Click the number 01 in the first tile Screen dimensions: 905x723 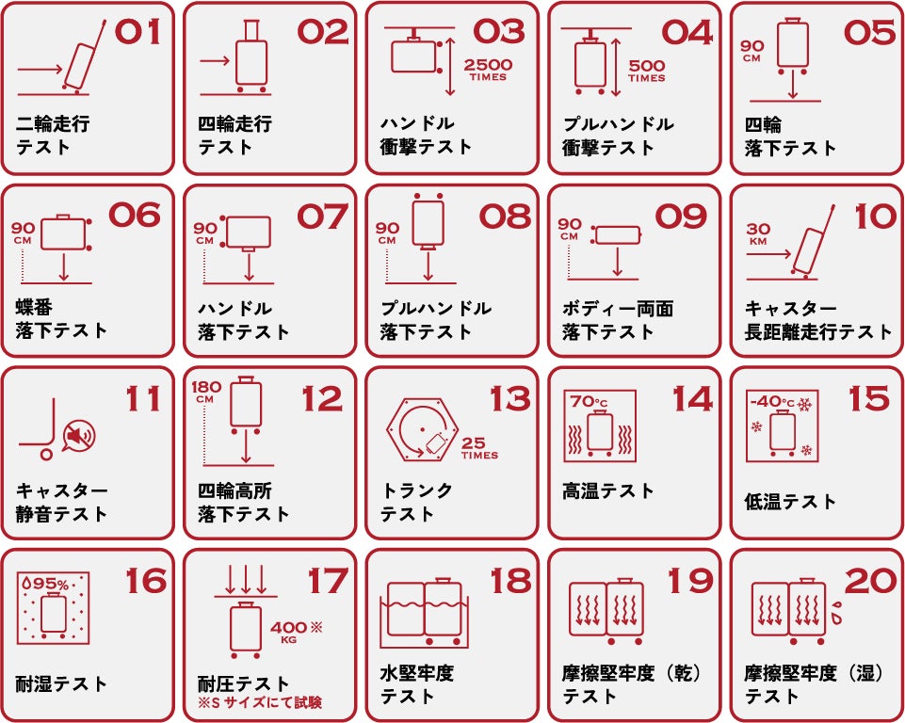tap(137, 32)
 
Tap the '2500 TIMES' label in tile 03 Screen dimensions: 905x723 tap(488, 70)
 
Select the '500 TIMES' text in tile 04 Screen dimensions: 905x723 tap(646, 71)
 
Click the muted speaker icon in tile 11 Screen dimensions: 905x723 tap(78, 437)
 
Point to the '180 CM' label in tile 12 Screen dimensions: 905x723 tap(206, 391)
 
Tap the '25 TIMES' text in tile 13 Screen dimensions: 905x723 tap(479, 448)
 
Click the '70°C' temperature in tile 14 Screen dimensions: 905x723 tap(589, 401)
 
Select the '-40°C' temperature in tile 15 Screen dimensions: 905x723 tap(772, 401)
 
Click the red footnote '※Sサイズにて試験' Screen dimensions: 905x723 tap(260, 703)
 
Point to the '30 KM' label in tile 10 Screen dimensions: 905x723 tap(758, 233)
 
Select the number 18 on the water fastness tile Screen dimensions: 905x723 tap(510, 581)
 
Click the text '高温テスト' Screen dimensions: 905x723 tap(607, 491)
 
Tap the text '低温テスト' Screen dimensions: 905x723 tap(789, 502)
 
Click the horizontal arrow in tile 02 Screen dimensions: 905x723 tap(215, 60)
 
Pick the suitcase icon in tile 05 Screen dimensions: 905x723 tap(792, 46)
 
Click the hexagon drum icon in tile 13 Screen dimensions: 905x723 tap(422, 429)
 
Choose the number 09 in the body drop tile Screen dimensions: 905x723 tap(681, 217)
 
